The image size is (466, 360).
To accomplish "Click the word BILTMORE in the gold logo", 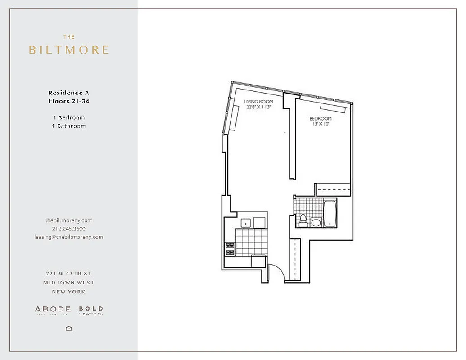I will [x=69, y=49].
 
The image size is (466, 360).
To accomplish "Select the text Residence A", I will [x=69, y=93].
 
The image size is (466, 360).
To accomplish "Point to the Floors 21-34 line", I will [x=69, y=101].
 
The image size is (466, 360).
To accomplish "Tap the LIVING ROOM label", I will [x=258, y=102].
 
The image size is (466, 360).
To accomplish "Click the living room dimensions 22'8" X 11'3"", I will [x=258, y=108].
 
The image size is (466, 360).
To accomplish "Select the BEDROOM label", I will [x=321, y=119].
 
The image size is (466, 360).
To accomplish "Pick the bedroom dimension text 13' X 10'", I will [x=321, y=124].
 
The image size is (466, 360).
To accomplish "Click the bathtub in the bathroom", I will [x=330, y=213].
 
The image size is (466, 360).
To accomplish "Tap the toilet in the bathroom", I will [x=303, y=220].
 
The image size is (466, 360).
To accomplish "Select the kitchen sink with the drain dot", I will [x=246, y=222].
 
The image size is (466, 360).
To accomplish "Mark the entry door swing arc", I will [x=275, y=272].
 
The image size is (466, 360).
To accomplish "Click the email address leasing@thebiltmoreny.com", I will [x=69, y=237].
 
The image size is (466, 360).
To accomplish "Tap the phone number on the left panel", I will [x=69, y=229].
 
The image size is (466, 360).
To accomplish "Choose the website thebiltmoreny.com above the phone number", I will [x=69, y=220].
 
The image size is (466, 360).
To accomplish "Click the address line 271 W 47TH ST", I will [x=69, y=274].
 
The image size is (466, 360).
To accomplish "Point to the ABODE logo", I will [x=53, y=310].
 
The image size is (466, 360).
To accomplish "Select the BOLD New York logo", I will [x=91, y=310].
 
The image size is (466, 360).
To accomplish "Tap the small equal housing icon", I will [x=69, y=328].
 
